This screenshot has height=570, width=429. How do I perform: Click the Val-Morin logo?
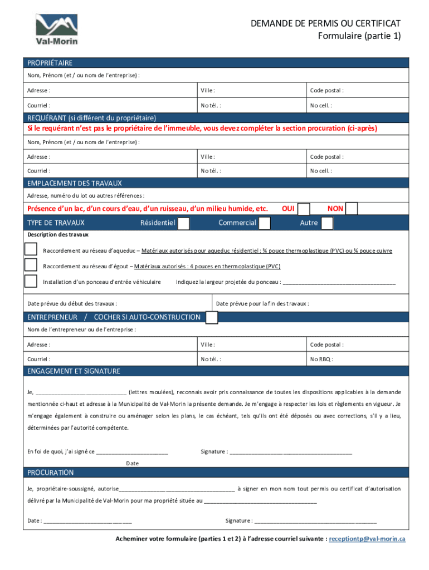tap(57, 29)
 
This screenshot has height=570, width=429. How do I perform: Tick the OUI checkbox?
tap(304, 209)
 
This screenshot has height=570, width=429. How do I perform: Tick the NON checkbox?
tap(352, 209)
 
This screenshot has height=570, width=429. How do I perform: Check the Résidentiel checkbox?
tap(183, 223)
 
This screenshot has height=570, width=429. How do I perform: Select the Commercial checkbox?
tap(265, 223)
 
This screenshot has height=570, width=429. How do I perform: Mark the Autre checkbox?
tap(327, 223)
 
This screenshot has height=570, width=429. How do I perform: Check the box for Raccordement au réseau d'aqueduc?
tap(31, 250)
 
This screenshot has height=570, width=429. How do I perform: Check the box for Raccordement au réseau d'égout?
tap(31, 266)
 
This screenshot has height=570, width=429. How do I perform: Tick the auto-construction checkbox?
tap(212, 317)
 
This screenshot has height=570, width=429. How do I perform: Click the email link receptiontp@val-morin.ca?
tap(367, 539)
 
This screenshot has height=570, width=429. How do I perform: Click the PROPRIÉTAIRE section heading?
tap(50, 63)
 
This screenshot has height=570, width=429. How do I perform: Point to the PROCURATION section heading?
tap(51, 473)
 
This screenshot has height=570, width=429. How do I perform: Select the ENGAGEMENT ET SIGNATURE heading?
tap(74, 371)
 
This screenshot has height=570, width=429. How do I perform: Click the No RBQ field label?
tap(321, 360)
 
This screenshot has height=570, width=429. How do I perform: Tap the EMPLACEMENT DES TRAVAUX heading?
tap(74, 183)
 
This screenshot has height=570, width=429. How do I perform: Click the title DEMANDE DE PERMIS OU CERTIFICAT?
tap(325, 23)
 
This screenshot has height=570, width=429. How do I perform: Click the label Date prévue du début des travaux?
tap(72, 304)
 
